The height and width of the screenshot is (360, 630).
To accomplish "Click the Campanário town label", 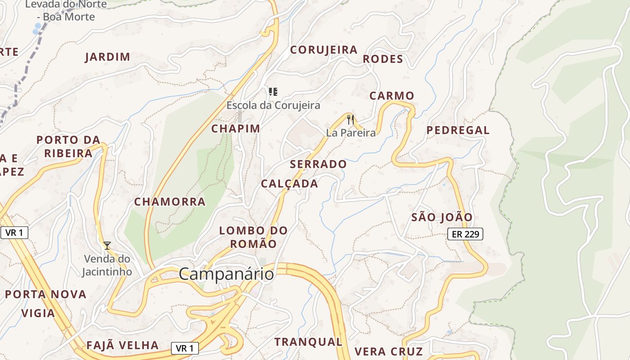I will [x=226, y=274].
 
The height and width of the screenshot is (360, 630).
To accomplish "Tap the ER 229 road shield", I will [x=465, y=234].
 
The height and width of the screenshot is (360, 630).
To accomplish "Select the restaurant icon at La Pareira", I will [x=351, y=120].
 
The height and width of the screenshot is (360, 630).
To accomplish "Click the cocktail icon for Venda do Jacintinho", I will [x=107, y=245].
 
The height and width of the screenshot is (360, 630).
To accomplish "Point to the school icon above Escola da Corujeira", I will [x=273, y=92].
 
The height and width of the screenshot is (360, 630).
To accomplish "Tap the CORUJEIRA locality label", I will [x=324, y=50].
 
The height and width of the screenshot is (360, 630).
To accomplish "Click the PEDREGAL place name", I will [x=458, y=130].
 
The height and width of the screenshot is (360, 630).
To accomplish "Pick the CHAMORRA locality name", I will [x=170, y=202].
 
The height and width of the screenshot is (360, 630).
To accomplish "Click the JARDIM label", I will [x=108, y=57].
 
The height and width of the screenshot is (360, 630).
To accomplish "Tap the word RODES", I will [x=382, y=59].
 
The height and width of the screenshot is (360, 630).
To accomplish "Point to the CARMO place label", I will [x=391, y=96].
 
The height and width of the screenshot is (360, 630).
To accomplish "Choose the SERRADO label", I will [x=318, y=164].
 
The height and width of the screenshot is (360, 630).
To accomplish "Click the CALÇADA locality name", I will [x=289, y=184].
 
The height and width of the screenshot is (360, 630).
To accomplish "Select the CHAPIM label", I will [x=236, y=129].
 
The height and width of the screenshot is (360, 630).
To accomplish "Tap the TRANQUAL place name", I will [x=309, y=342].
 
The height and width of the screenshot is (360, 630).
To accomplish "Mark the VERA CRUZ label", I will [x=388, y=351].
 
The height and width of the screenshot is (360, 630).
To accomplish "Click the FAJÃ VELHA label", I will [x=122, y=346].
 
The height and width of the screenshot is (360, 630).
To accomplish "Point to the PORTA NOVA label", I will [x=45, y=295].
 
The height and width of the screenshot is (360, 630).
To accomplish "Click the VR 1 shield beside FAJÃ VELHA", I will [x=184, y=348].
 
